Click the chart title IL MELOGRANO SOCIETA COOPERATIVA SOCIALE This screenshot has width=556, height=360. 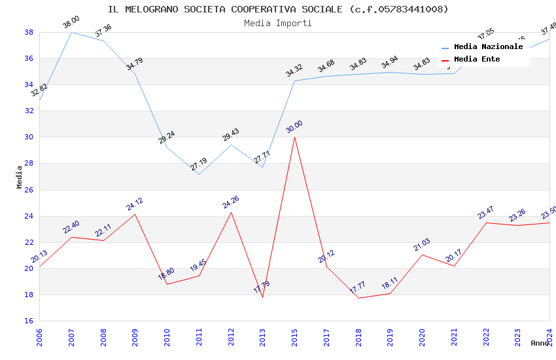(278, 9)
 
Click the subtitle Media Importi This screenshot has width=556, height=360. (278, 23)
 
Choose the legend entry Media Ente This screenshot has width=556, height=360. (477, 59)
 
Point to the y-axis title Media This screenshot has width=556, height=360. (20, 177)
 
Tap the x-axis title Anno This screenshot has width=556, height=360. (540, 343)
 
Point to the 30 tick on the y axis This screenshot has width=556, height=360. (29, 137)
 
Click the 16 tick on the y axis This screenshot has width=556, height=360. (29, 321)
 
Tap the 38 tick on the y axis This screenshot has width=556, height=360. (29, 32)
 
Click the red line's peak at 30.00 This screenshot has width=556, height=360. (294, 137)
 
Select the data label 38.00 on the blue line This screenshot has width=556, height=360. (71, 25)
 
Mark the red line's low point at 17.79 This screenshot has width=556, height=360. (263, 297)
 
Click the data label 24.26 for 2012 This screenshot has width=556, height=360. (231, 202)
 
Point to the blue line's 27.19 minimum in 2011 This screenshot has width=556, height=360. (199, 174)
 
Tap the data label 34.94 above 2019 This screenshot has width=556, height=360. (390, 63)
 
